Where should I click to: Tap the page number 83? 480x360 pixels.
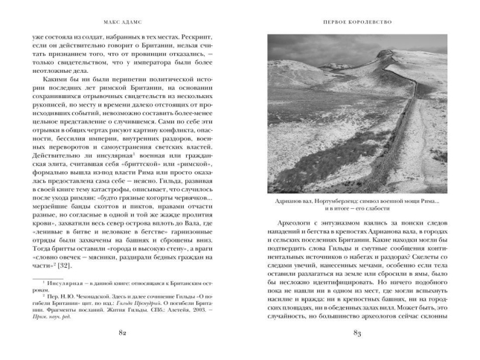point(358,332)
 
